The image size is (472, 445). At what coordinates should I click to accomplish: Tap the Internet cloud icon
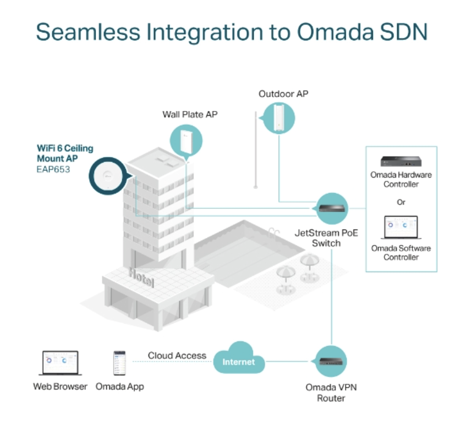pos(239,358)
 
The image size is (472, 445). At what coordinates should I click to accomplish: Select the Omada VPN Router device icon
pos(331,361)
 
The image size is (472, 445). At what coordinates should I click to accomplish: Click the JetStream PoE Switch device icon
pos(331,208)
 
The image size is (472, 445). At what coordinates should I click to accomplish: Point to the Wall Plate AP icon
pos(186,141)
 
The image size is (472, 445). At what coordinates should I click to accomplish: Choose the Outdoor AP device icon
pos(278,118)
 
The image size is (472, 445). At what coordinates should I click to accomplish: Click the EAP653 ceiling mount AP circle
pos(108,176)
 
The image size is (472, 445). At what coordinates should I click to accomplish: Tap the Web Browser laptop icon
pos(60,363)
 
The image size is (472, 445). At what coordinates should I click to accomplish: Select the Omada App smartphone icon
pos(119,363)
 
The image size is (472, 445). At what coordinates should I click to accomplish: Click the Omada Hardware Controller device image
pos(401,161)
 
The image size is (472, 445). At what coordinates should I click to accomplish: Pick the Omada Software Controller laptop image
pos(401,227)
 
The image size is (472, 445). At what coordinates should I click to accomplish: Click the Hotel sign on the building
pos(141,277)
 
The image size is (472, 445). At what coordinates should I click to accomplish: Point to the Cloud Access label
pos(177,355)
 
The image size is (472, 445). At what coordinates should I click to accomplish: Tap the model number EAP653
pos(53,169)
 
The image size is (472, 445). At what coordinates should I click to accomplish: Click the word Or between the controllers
pos(401,202)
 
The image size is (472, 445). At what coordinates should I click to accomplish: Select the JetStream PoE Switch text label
pos(326,238)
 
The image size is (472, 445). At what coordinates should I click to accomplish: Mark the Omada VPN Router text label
pos(331,392)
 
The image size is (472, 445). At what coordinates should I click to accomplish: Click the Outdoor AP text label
pos(283,94)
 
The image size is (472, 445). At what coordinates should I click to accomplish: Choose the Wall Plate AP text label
pos(190,115)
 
